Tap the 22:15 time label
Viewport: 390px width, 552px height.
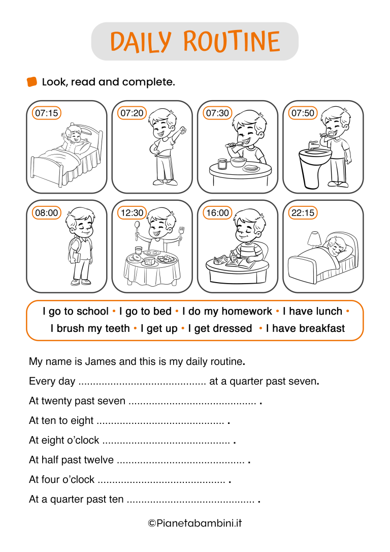303,212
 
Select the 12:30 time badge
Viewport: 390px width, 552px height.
132,212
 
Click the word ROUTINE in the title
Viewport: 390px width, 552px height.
232,42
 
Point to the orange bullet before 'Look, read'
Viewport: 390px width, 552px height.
32,82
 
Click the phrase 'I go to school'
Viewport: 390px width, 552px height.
76,312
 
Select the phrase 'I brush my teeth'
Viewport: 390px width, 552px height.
90,328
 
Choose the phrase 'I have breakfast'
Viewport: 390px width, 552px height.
305,328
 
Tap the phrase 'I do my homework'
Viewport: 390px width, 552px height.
227,312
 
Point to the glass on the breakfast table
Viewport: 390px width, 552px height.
222,164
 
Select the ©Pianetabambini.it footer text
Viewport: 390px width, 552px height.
195,523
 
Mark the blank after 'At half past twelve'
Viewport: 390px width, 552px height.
180,461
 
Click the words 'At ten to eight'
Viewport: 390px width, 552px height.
61,421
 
